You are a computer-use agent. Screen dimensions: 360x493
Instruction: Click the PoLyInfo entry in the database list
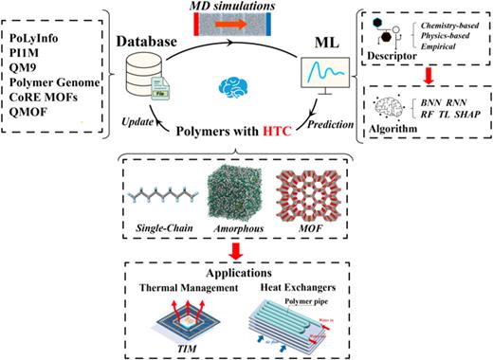click(x=37, y=35)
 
